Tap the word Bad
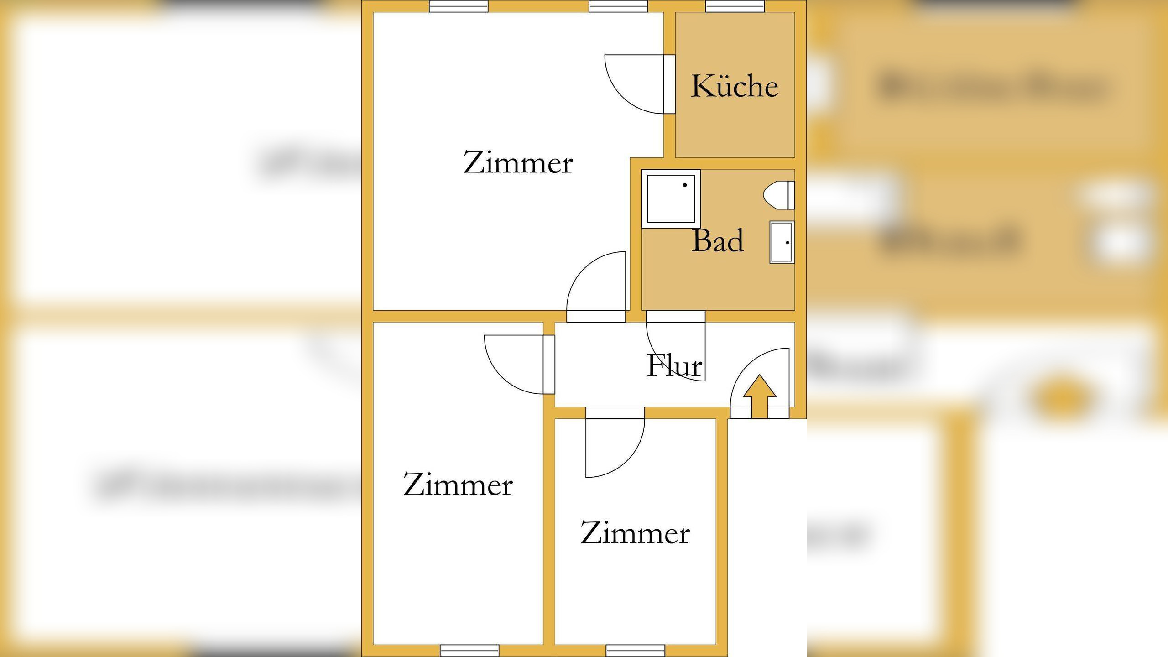[718, 240]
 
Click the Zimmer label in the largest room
[518, 162]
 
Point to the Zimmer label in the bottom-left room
[458, 485]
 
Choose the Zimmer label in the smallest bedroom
[635, 533]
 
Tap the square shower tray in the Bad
[671, 198]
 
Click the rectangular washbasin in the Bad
[782, 242]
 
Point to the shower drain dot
[684, 185]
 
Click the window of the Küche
[735, 6]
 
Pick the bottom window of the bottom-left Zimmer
[469, 650]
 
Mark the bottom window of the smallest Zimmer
[635, 650]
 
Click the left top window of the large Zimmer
[459, 6]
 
